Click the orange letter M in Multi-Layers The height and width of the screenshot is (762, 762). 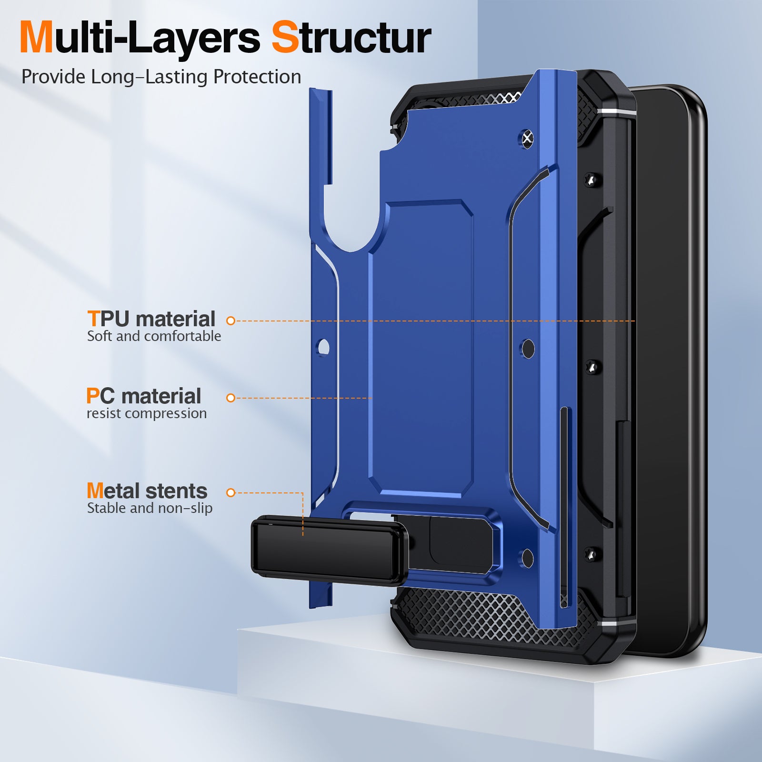coord(36,38)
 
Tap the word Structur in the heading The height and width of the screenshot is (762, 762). coord(351,38)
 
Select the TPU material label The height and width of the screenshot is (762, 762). coord(151,319)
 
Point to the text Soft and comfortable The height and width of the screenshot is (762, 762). coord(154,336)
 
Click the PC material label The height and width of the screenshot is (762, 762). coord(143,396)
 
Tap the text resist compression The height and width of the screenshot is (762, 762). coord(147,413)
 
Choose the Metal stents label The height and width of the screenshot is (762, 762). coord(147,491)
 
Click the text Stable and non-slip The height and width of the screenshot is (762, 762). coord(150,508)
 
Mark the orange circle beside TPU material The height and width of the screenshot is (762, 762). coord(231,321)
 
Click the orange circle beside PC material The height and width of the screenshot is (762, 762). coord(231,398)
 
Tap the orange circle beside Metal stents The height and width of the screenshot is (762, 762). coord(231,492)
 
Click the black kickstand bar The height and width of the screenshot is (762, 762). coord(329,551)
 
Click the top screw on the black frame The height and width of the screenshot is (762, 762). coord(592,180)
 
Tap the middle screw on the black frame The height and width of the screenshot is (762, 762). coord(592,367)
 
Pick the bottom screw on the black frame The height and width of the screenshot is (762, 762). coord(592,554)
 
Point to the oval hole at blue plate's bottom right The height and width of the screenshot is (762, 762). coord(528,558)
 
